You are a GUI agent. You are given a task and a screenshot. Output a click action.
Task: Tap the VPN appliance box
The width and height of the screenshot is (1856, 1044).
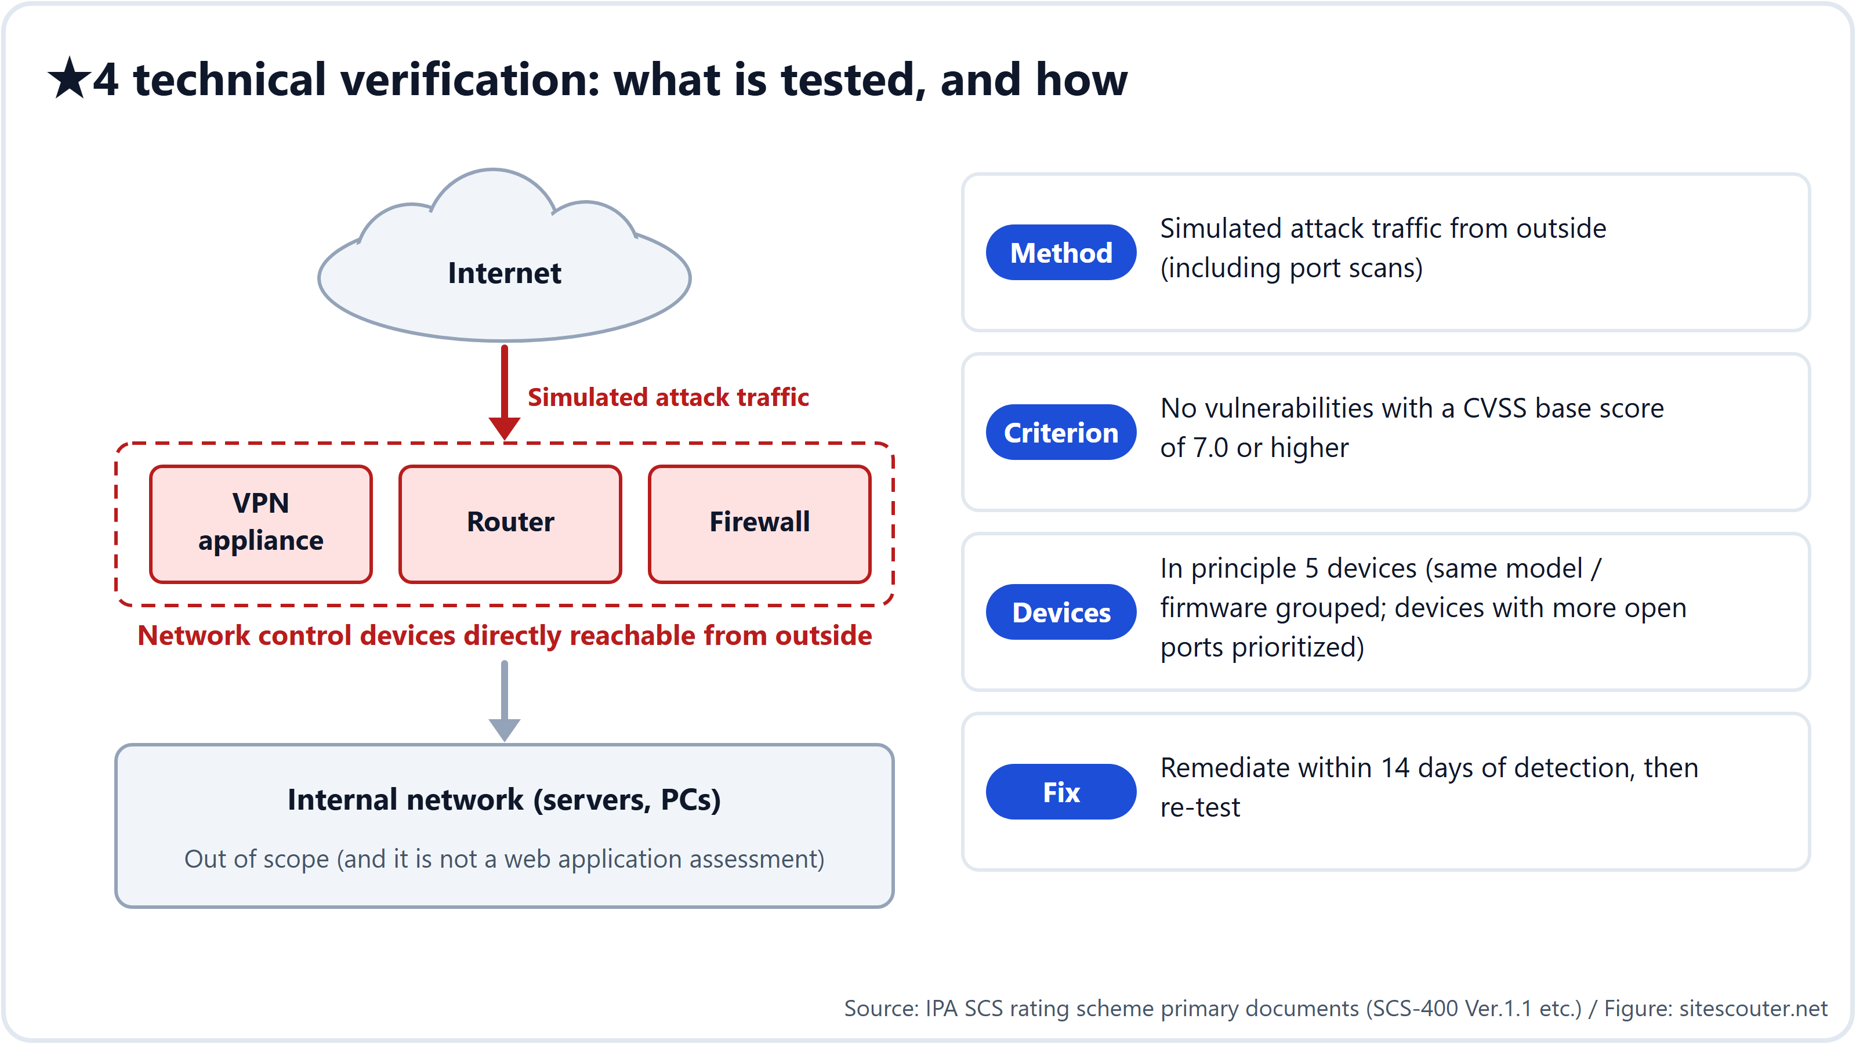[261, 524]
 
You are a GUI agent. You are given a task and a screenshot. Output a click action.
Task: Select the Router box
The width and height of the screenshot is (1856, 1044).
[510, 524]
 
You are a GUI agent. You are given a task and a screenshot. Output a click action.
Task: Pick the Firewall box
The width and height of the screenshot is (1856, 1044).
[759, 524]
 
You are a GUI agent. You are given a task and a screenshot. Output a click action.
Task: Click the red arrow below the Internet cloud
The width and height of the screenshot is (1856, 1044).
[505, 393]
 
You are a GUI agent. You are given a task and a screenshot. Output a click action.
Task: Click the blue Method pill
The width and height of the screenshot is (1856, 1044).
[1061, 252]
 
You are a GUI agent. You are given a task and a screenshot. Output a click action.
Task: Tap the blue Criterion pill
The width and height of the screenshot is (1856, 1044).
[1061, 432]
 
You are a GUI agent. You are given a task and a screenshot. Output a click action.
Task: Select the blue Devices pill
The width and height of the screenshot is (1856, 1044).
[1061, 612]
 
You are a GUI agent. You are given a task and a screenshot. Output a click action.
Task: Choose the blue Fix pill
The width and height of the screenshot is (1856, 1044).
[1061, 792]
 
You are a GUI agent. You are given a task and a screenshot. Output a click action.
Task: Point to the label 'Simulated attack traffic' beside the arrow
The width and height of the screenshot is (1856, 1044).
[668, 397]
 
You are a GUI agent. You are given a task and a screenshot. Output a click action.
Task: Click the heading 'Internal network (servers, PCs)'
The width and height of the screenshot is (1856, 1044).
[505, 800]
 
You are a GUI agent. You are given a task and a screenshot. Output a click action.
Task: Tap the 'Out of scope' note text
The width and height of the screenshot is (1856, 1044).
[505, 859]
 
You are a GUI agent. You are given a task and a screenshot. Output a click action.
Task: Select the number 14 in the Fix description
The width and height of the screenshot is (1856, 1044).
[1395, 768]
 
